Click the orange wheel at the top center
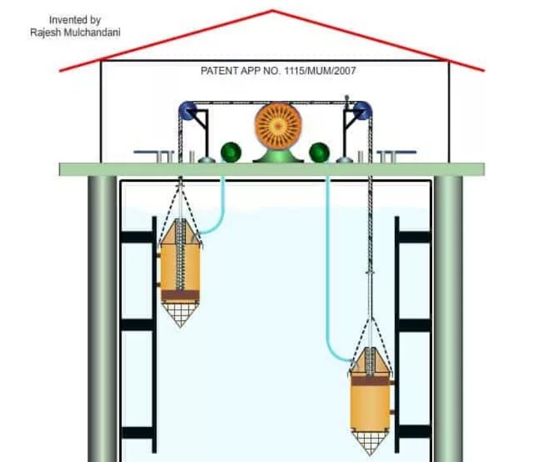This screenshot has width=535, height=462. (278, 126)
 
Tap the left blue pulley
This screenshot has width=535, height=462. (187, 110)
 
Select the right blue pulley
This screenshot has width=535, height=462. (362, 110)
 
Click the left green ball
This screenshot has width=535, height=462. (231, 152)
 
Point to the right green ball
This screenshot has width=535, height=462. (319, 153)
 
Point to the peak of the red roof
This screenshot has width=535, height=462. (272, 10)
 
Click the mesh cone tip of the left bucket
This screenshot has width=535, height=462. (180, 327)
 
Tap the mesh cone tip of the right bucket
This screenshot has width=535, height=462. (370, 454)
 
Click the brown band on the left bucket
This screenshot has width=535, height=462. (180, 295)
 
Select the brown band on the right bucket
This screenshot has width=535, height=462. (370, 380)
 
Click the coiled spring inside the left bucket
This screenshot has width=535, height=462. (180, 254)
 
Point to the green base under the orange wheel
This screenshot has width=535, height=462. (278, 156)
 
